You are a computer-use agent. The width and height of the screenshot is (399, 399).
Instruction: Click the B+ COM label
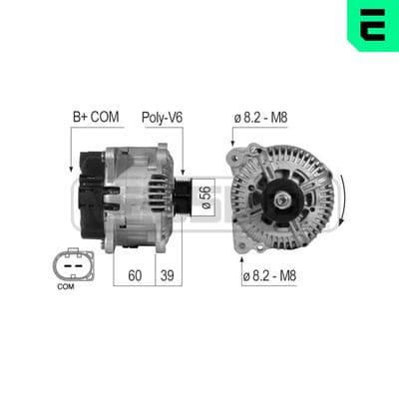coord(96,117)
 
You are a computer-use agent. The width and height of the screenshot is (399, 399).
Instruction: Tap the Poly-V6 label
coord(163,118)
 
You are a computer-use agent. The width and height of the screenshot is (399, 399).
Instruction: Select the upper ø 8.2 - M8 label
coord(260,118)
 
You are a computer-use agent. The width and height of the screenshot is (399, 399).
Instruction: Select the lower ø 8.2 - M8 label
coord(269,275)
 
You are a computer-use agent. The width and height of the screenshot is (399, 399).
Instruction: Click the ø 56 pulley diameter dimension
coord(206,198)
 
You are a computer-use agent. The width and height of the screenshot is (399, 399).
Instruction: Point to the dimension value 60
coord(135,275)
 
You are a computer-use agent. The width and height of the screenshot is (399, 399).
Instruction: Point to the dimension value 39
coord(167,275)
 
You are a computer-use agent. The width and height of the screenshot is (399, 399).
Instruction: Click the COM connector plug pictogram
coord(73,265)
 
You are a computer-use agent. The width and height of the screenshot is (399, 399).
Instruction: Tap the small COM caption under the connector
coord(66,286)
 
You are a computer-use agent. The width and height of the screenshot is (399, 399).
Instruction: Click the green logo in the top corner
coord(373,25)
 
